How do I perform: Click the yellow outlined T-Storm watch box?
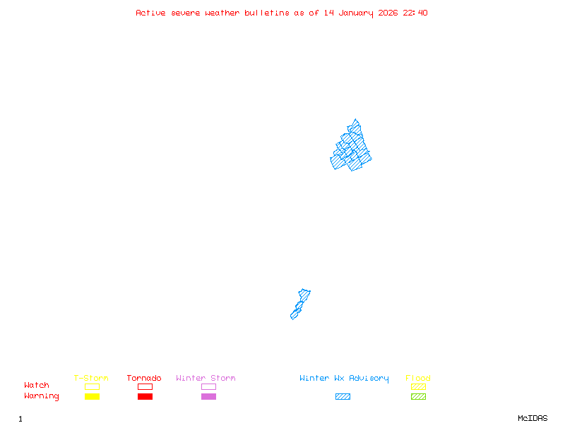click(x=92, y=386)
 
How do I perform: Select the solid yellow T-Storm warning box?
click(x=92, y=397)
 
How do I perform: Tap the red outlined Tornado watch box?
click(x=145, y=386)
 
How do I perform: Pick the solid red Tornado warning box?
click(x=145, y=397)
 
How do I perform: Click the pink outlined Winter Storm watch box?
click(x=208, y=386)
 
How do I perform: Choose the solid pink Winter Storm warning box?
click(x=208, y=397)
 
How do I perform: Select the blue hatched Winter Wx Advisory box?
click(x=343, y=397)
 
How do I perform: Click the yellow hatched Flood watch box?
click(x=418, y=386)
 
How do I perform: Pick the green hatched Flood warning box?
click(x=418, y=397)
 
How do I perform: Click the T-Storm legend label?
click(x=91, y=378)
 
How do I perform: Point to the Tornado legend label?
click(x=144, y=378)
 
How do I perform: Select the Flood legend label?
click(x=418, y=378)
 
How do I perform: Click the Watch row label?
click(x=37, y=386)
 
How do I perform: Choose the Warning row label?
click(x=42, y=396)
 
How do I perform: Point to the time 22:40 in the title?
click(x=415, y=13)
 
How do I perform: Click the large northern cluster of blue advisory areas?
click(x=351, y=148)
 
